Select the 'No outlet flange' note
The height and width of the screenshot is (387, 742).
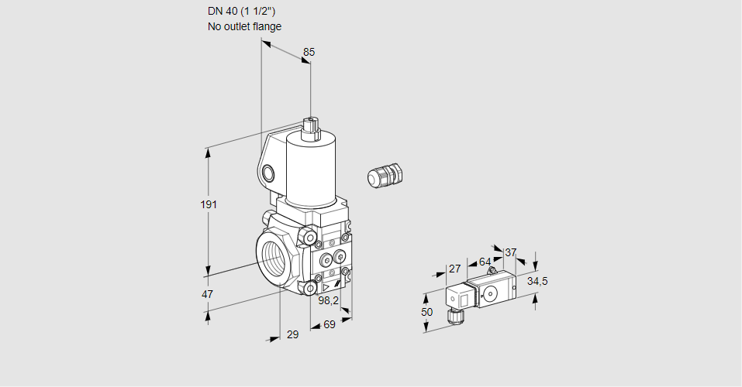244,26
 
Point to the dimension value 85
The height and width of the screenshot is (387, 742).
309,52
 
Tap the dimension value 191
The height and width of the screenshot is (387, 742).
209,204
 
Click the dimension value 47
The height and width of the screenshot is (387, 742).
208,294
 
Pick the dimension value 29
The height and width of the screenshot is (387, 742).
292,334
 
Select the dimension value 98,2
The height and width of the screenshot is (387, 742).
330,301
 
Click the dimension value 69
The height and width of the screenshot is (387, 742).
329,324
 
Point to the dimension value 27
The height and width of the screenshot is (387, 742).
455,269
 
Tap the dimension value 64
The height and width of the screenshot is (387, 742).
485,262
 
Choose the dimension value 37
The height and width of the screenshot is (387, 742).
510,252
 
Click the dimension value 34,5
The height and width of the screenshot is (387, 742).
537,281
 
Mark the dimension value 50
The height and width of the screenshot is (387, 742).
426,312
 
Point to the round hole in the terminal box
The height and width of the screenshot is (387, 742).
268,172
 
